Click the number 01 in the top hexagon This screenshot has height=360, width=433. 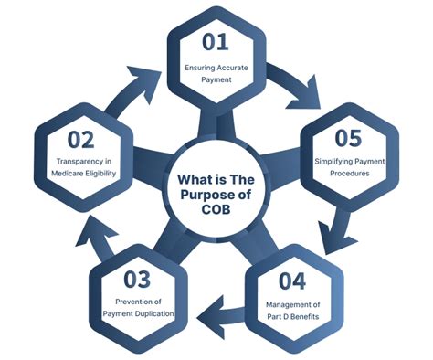216,43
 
